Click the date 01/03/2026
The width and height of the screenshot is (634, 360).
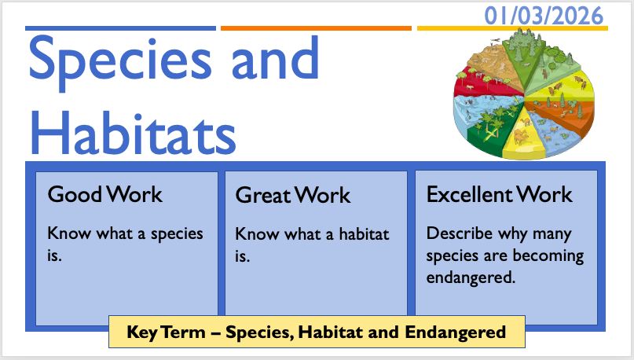click(544, 17)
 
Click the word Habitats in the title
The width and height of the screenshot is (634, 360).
click(133, 133)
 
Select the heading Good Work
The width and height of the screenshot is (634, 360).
click(105, 194)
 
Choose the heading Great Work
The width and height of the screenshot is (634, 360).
click(293, 195)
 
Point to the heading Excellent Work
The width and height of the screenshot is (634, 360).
click(500, 194)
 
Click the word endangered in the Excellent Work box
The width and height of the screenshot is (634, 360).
click(471, 278)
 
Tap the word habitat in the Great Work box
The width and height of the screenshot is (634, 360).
click(364, 233)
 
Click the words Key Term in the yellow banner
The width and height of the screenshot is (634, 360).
click(167, 332)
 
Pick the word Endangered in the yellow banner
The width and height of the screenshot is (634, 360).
click(456, 332)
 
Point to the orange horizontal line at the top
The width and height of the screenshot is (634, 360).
click(316, 28)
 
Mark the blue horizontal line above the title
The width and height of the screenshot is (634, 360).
click(120, 28)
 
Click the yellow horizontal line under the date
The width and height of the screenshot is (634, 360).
click(512, 28)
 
